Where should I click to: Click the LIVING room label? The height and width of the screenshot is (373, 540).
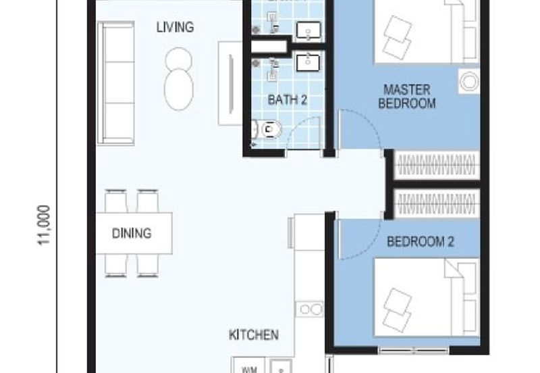[x=175, y=28]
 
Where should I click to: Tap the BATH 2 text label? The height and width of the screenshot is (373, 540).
[x=288, y=100]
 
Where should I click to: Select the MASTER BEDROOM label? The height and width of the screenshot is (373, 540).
[x=406, y=96]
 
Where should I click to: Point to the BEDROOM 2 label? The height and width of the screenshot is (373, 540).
[x=420, y=241]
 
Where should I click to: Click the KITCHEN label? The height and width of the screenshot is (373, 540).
[x=253, y=334]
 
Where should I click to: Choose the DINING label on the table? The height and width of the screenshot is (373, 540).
[x=132, y=234]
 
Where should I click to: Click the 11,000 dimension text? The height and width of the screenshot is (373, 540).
[x=45, y=224]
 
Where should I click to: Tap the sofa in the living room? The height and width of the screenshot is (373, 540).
[x=115, y=82]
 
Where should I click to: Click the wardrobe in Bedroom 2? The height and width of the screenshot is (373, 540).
[x=435, y=203]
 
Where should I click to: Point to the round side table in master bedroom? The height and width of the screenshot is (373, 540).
[x=468, y=81]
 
